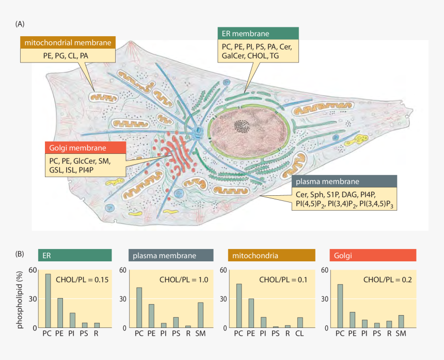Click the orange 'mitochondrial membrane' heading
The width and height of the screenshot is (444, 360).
pyautogui.click(x=68, y=42)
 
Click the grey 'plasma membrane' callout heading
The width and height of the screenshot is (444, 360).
pyautogui.click(x=344, y=181)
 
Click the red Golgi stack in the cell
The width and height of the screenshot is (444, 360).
pyautogui.click(x=173, y=152)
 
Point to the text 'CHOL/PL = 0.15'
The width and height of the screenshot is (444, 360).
pyautogui.click(x=82, y=280)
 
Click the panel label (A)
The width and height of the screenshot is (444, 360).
pyautogui.click(x=20, y=24)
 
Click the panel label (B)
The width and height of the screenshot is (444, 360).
pyautogui.click(x=20, y=254)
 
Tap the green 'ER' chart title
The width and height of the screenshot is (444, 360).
pyautogui.click(x=74, y=256)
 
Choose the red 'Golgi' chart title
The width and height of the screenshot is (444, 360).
pyautogui.click(x=373, y=256)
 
